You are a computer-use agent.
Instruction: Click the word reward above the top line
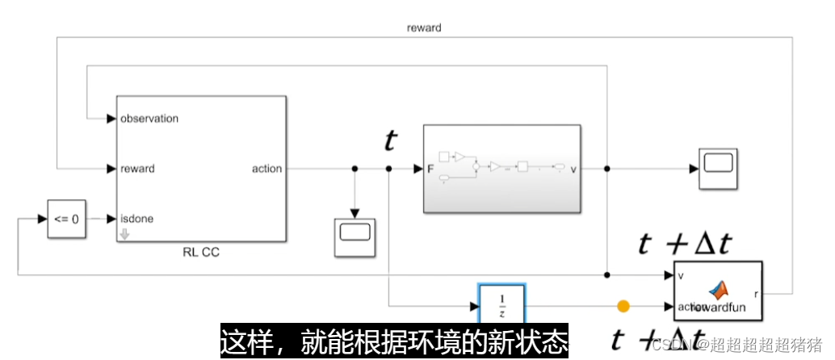pyautogui.click(x=424, y=27)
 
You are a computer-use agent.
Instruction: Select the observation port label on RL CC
pyautogui.click(x=149, y=119)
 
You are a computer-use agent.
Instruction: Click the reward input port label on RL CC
pyautogui.click(x=136, y=169)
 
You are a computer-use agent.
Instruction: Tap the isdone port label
pyautogui.click(x=136, y=219)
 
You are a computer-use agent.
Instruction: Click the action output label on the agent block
pyautogui.click(x=266, y=169)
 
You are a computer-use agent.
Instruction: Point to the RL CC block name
pyautogui.click(x=201, y=253)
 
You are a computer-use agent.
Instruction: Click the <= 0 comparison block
pyautogui.click(x=65, y=219)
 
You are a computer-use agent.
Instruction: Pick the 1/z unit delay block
pyautogui.click(x=501, y=306)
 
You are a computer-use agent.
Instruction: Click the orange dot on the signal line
pyautogui.click(x=623, y=306)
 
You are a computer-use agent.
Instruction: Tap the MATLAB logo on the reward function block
pyautogui.click(x=718, y=290)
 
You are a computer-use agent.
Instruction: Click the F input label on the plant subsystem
pyautogui.click(x=430, y=169)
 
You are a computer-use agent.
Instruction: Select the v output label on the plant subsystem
pyautogui.click(x=573, y=169)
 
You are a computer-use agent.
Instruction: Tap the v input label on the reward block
pyautogui.click(x=681, y=276)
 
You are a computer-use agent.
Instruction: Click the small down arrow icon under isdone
pyautogui.click(x=124, y=235)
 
